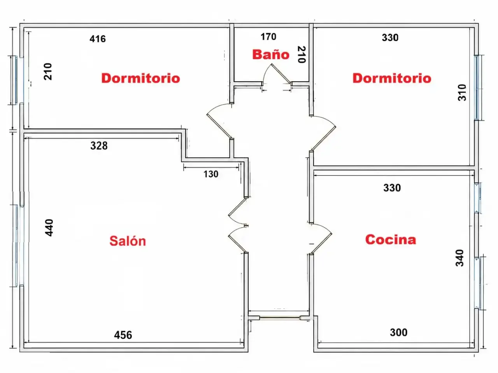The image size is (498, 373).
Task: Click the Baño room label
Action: pos(271,54)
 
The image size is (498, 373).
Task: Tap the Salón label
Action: pos(128,241)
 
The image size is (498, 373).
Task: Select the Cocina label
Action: pos(391,239)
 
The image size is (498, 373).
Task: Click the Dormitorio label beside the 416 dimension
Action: pos(141,78)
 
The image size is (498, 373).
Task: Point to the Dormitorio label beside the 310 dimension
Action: pos(392,78)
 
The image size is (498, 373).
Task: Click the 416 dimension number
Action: pos(98,39)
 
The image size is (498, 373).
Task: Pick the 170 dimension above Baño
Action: pos(268,37)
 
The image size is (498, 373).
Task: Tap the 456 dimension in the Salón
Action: pos(123,335)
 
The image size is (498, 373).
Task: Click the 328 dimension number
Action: pos(99,146)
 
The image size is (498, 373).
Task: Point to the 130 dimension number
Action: pos(211,174)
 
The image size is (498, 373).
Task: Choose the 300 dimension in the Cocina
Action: pos(399,333)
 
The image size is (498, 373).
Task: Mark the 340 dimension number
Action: pos(459,258)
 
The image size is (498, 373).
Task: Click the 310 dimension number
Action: pos(462,92)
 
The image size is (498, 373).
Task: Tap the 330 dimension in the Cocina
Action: pos(392,188)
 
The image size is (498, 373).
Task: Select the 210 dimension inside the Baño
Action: pos(302,54)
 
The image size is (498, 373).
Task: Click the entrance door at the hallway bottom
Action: pos(279,318)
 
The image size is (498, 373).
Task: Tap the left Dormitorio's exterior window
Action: pos(16,80)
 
